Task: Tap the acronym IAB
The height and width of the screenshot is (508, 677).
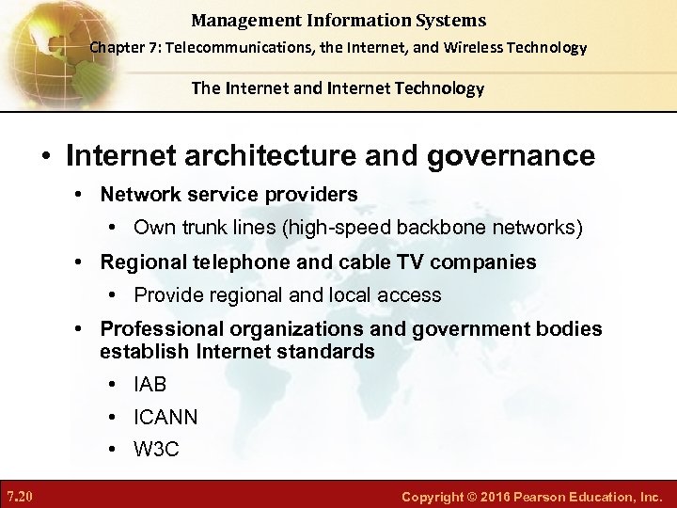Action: point(150,385)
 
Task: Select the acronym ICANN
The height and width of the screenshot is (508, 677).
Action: point(165,417)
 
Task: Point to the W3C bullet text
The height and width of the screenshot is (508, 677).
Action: point(156,449)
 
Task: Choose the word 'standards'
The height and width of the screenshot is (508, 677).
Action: point(333,352)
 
